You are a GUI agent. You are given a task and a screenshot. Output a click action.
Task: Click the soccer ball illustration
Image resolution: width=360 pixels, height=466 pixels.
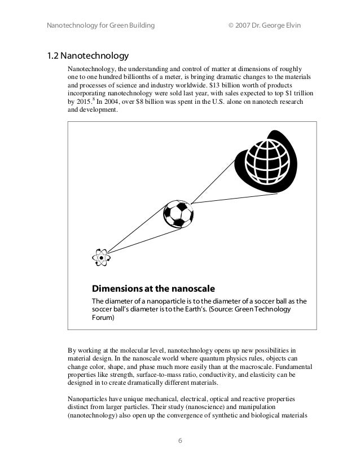[x=178, y=213]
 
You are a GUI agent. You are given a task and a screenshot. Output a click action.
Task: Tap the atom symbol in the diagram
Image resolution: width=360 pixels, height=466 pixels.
[x=101, y=257]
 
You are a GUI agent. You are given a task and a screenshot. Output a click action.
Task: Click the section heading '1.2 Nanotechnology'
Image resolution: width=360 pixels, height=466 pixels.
[x=87, y=56]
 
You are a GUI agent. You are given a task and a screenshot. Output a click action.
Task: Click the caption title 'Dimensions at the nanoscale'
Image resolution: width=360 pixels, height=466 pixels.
[x=154, y=287]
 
